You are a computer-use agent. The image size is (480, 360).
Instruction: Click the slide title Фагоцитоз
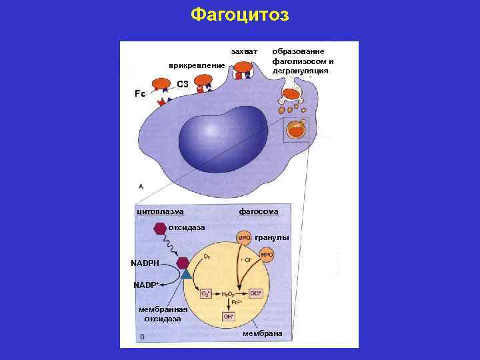tap(239, 15)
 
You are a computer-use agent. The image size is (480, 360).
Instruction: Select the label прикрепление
tap(197, 65)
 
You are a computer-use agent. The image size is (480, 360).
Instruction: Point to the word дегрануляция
tap(301, 70)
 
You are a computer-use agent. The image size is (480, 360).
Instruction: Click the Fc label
tap(140, 94)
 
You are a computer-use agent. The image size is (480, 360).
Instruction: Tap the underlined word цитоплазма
tap(160, 211)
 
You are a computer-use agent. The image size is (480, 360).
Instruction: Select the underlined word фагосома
tap(259, 211)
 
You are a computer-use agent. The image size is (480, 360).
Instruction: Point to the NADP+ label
tap(145, 285)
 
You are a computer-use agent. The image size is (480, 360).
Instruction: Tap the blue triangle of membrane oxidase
tap(186, 273)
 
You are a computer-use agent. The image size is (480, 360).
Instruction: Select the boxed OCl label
tap(256, 293)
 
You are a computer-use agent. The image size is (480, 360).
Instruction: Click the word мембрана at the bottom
tap(263, 333)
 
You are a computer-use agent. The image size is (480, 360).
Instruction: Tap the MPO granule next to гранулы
tap(244, 237)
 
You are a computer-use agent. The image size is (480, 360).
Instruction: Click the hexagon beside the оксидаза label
tap(160, 229)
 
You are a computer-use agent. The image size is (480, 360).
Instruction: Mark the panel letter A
tap(140, 186)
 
